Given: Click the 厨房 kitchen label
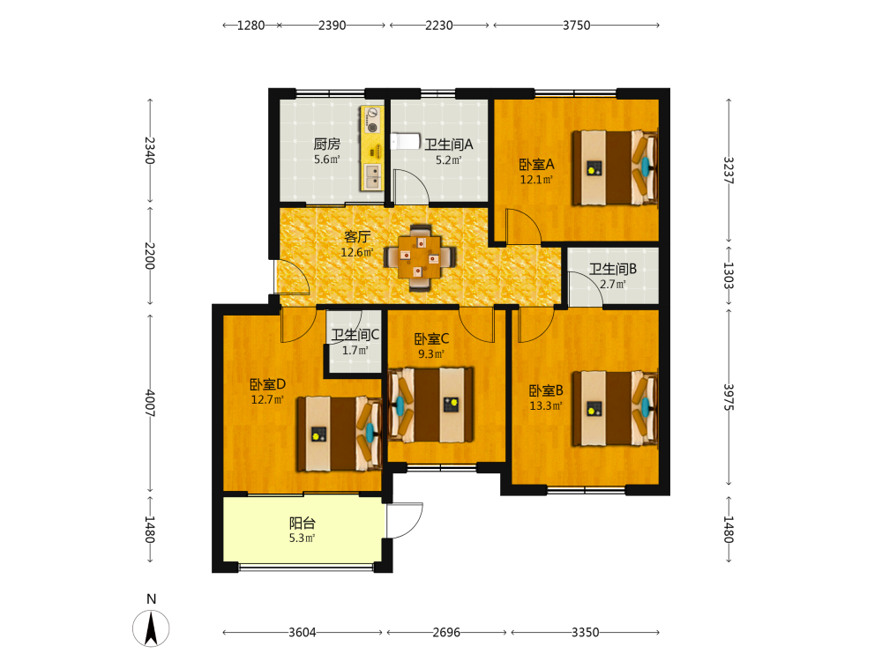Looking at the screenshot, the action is [327, 144].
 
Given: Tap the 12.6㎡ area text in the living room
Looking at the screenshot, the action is [357, 252].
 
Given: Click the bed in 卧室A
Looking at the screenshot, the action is [615, 167].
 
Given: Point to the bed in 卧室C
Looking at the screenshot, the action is [431, 405].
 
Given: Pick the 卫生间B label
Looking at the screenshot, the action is [613, 269].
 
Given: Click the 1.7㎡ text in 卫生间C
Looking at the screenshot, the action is [355, 350].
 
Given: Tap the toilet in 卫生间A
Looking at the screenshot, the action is [406, 141].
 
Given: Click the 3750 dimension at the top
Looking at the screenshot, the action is [577, 26].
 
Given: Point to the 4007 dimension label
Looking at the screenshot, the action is [150, 403].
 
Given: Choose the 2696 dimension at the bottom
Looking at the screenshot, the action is [446, 632].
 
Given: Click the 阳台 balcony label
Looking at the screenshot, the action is [303, 524].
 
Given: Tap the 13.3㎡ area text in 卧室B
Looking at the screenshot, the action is [546, 405].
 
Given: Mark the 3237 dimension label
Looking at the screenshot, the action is [729, 170].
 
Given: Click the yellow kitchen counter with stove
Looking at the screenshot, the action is [371, 148].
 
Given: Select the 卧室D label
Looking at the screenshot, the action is [268, 384].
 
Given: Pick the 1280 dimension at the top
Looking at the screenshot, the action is [250, 26].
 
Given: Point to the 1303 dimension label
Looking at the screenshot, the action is [729, 275].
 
